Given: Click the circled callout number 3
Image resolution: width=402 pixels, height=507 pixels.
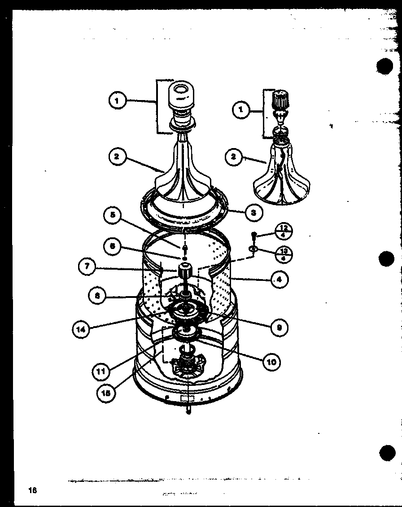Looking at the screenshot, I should coord(253,212).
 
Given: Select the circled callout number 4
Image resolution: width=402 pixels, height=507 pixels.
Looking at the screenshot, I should coord(280,279).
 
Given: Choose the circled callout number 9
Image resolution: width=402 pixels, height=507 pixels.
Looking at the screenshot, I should coord(280,328).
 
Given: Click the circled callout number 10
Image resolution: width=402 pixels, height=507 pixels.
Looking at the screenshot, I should coord(271,361).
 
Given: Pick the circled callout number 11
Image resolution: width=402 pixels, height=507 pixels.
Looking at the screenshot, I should coord(101,371).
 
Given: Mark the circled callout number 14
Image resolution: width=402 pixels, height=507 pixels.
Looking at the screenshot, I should coord(81,329).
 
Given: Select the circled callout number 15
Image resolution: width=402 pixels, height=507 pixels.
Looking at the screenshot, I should coord(106,392).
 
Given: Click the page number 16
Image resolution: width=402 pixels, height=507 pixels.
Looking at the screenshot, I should coord(32,490).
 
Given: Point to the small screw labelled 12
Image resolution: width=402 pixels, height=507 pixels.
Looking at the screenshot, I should coord(254,235).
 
